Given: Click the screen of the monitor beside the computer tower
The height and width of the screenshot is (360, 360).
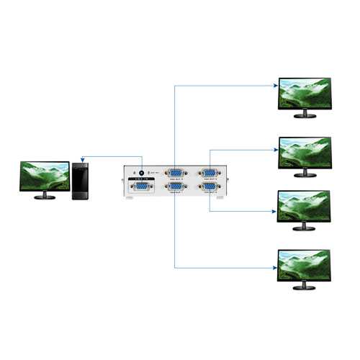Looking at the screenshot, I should [45, 176].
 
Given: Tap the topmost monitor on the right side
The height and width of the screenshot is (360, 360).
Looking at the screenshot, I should [305, 93].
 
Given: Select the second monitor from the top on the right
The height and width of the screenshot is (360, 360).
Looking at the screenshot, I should [305, 152].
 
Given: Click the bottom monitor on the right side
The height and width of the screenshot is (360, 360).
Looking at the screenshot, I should [305, 266].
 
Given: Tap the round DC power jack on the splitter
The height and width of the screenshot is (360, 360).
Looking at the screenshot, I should [141, 173].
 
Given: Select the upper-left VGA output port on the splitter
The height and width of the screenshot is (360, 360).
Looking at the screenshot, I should [174, 173].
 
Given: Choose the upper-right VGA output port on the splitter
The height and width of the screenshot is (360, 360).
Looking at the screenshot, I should [210, 173].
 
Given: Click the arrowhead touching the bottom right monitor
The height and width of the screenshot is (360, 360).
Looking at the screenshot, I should [274, 269].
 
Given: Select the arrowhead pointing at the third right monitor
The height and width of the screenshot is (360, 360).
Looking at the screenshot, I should [274, 211].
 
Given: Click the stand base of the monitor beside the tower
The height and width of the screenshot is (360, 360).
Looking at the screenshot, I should [45, 197].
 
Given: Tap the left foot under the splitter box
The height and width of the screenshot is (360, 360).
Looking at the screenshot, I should [130, 202].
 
